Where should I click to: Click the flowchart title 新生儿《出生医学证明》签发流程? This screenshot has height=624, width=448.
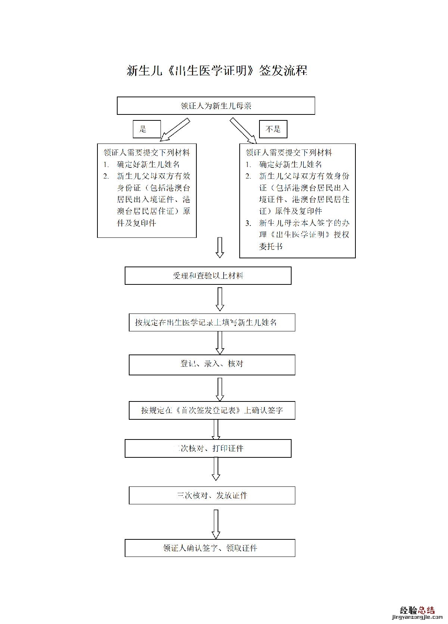click(x=217, y=70)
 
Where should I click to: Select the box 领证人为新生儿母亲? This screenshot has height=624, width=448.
click(x=216, y=106)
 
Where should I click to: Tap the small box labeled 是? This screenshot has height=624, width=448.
click(x=146, y=129)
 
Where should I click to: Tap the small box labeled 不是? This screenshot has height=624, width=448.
click(x=273, y=129)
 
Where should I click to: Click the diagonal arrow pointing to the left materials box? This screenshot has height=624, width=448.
click(x=175, y=130)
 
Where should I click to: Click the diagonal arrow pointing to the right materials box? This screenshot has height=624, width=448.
click(x=243, y=131)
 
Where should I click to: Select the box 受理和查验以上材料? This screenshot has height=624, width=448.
click(x=208, y=276)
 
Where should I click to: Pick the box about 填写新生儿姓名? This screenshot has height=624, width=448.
click(x=212, y=322)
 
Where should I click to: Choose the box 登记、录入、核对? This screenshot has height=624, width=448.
click(x=212, y=365)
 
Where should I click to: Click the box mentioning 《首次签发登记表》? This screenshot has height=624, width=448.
click(x=212, y=410)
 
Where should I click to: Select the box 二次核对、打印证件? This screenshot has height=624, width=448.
click(x=208, y=448)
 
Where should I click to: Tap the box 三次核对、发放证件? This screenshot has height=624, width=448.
click(x=212, y=495)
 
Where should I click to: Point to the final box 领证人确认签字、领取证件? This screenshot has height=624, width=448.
click(x=210, y=548)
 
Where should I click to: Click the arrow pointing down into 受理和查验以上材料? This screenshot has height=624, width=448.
click(x=220, y=248)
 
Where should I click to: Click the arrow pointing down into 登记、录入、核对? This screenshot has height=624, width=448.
click(x=220, y=343)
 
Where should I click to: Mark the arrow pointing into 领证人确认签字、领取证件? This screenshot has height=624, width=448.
click(x=216, y=524)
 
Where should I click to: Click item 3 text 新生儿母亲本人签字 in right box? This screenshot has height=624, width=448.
click(x=304, y=223)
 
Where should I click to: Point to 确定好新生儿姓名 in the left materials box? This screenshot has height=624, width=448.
click(x=148, y=164)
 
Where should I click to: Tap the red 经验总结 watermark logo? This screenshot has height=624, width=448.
click(x=417, y=610)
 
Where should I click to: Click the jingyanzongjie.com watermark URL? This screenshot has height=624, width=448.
click(x=417, y=619)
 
